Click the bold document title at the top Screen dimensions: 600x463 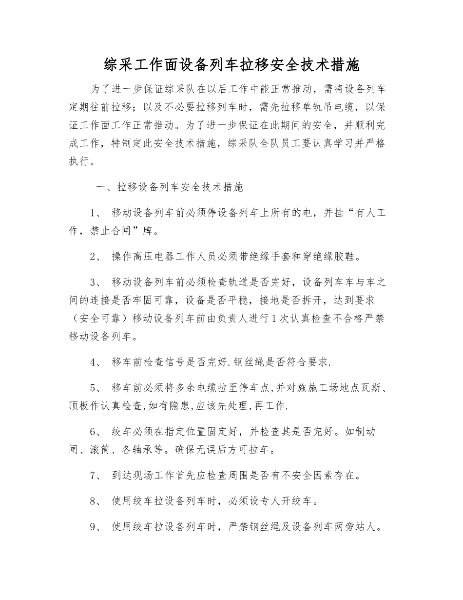click(x=231, y=64)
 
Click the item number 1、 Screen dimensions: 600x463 click(x=96, y=213)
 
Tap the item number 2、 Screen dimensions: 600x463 click(x=96, y=257)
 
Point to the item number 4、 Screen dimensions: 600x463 click(x=96, y=362)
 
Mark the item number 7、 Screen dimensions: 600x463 click(x=96, y=475)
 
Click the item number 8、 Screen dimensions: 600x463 click(x=96, y=501)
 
